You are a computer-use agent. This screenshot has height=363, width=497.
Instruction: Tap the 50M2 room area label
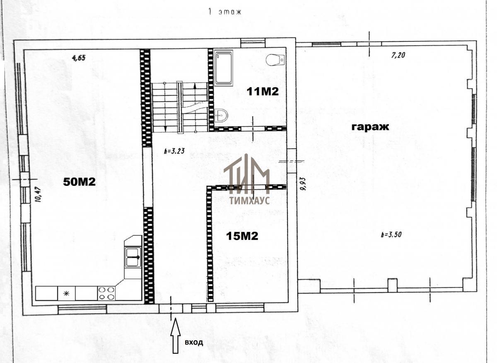[x=79, y=182]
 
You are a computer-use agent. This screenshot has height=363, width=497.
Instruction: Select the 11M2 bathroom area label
[x=263, y=92]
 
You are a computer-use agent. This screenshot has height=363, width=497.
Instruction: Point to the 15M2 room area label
[x=242, y=236]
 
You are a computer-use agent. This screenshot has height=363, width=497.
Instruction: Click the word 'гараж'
[x=370, y=127]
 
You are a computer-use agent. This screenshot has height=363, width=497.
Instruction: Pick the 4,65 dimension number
[x=79, y=58]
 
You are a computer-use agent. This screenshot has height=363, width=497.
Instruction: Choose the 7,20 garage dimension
[x=398, y=55]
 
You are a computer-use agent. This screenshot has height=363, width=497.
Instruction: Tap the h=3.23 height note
[x=174, y=151]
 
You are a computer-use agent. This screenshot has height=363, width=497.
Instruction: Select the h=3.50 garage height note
[x=391, y=235]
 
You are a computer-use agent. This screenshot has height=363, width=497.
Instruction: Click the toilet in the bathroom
[x=275, y=60]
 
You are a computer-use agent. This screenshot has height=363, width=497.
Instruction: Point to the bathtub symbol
[x=223, y=68]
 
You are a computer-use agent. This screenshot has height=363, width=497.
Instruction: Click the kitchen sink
[x=133, y=257]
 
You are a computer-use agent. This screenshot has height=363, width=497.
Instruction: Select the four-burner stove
[x=106, y=293]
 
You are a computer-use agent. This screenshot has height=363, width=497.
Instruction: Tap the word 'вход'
[x=194, y=342]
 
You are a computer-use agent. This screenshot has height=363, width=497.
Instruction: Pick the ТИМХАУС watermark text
[x=249, y=200]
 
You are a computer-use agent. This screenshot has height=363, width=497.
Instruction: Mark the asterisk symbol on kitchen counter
[x=66, y=293]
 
